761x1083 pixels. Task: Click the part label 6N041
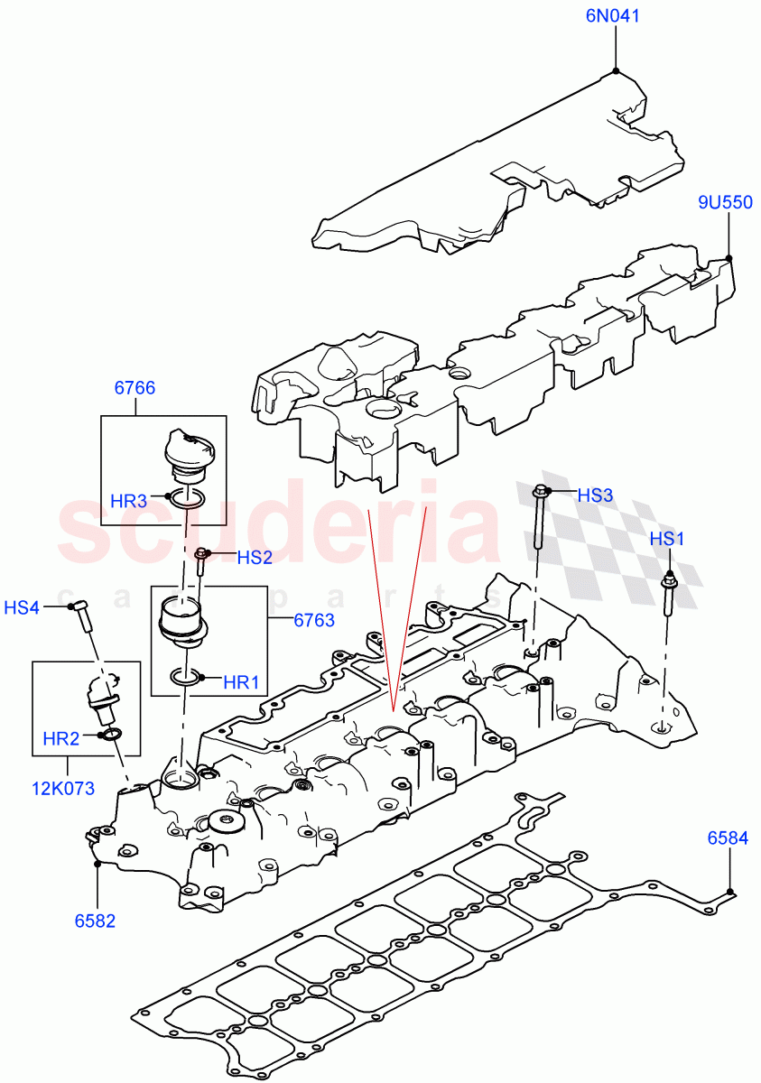[615, 15]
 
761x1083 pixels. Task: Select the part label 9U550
[725, 203]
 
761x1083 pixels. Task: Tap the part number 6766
[135, 389]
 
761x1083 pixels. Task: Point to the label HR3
[128, 500]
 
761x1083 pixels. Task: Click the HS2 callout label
[255, 558]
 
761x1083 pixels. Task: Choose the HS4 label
[22, 607]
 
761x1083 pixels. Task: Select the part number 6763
[314, 620]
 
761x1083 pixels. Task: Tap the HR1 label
[240, 683]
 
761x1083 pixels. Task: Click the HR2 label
[61, 739]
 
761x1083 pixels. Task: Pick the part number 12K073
[60, 788]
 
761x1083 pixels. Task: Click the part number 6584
[728, 838]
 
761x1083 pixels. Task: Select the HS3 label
[595, 495]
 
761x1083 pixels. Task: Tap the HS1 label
[668, 539]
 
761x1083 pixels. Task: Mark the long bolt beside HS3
[539, 519]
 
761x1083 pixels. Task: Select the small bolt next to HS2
[201, 561]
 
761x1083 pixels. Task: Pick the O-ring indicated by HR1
[185, 677]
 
